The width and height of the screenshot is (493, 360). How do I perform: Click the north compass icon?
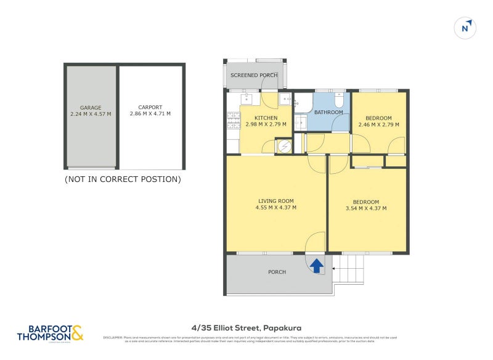point(466,28)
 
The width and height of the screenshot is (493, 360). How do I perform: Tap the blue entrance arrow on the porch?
point(316,266)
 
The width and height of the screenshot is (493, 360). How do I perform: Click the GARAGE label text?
point(91,107)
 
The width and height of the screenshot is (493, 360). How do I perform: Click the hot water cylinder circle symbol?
point(283,145)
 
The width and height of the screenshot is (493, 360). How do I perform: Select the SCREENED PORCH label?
point(254,75)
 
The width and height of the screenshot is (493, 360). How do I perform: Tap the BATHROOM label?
point(328,112)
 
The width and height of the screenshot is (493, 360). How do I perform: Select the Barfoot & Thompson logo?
point(49,333)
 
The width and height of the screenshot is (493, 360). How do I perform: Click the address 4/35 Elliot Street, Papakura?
point(246,328)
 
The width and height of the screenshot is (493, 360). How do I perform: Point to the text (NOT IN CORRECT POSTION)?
point(123,179)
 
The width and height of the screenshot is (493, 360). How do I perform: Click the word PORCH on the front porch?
point(277,272)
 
